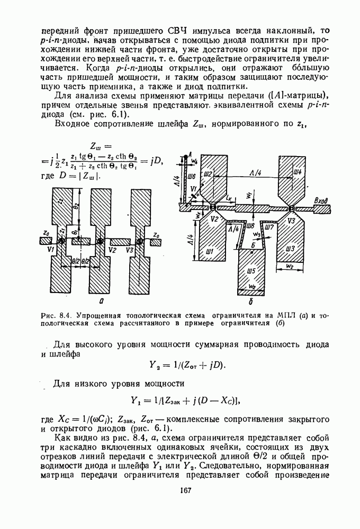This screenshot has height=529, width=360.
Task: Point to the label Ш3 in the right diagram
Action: pyautogui.click(x=290, y=248)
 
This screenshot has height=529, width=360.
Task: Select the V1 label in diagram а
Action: pyautogui.click(x=50, y=250)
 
